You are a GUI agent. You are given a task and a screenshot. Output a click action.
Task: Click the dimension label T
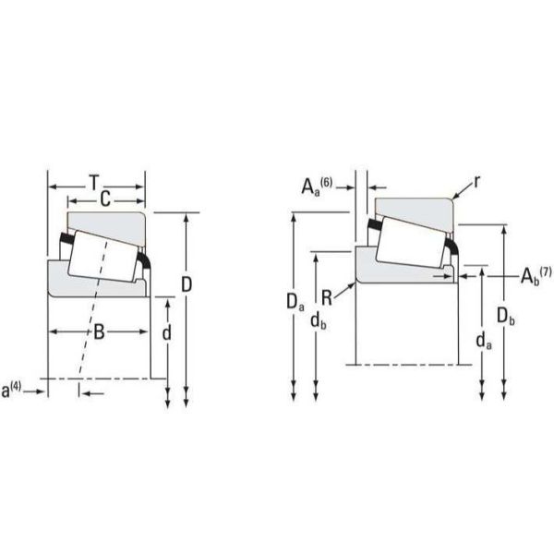coord(94,183)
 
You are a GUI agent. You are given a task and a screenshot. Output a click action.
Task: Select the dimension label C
coord(105,199)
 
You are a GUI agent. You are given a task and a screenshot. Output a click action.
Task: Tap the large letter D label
coord(187,284)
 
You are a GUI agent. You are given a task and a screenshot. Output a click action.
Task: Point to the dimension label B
coord(100,331)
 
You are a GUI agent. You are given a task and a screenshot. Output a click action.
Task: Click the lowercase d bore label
coord(166,332)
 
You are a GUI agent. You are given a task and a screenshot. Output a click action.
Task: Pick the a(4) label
coord(11,391)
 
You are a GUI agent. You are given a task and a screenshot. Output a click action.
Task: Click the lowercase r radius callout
coord(477,182)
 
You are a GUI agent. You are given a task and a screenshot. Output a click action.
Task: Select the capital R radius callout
coord(327,298)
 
